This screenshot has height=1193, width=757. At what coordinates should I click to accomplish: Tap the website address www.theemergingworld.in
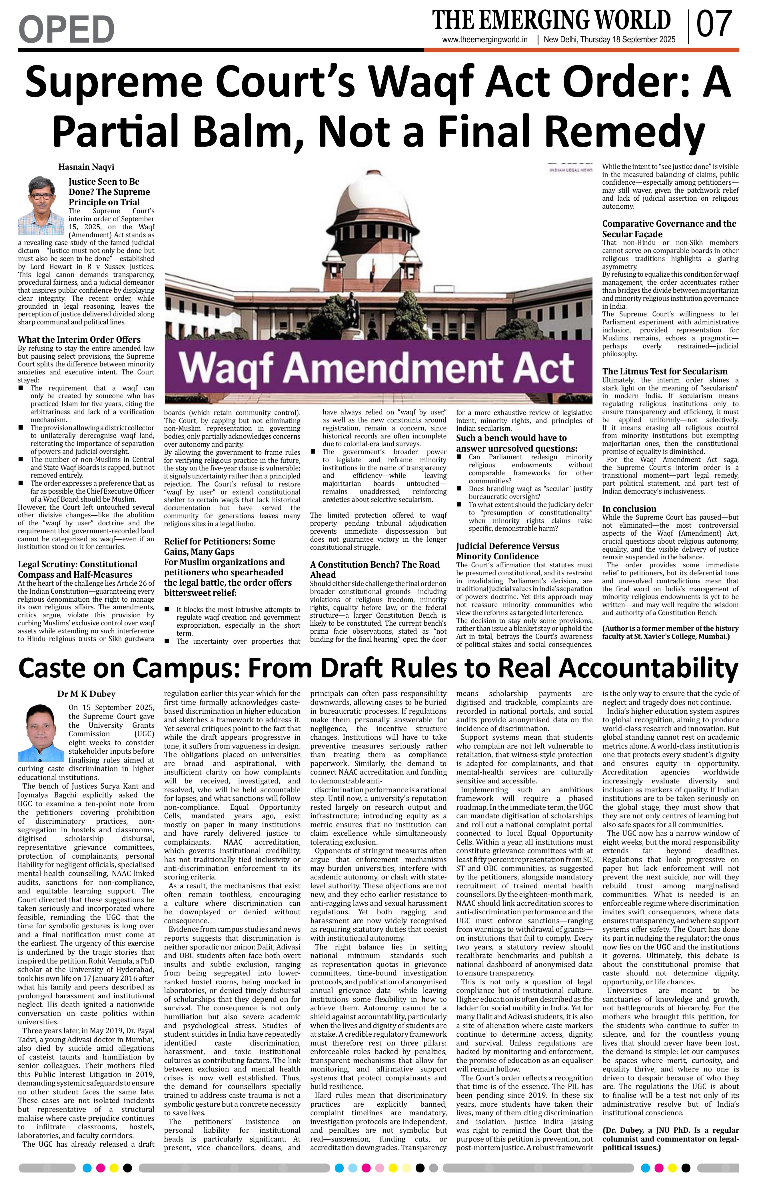tap(485, 40)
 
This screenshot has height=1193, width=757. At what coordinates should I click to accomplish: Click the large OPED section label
tap(66, 29)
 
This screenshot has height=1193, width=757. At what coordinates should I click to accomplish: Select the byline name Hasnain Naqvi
tap(86, 167)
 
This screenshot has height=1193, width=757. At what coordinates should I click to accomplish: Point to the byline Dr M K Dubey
tap(86, 694)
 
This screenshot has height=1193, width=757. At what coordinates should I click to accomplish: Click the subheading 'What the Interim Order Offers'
tap(79, 340)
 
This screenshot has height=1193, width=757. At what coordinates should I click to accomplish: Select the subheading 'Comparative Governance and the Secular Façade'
tap(669, 229)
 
